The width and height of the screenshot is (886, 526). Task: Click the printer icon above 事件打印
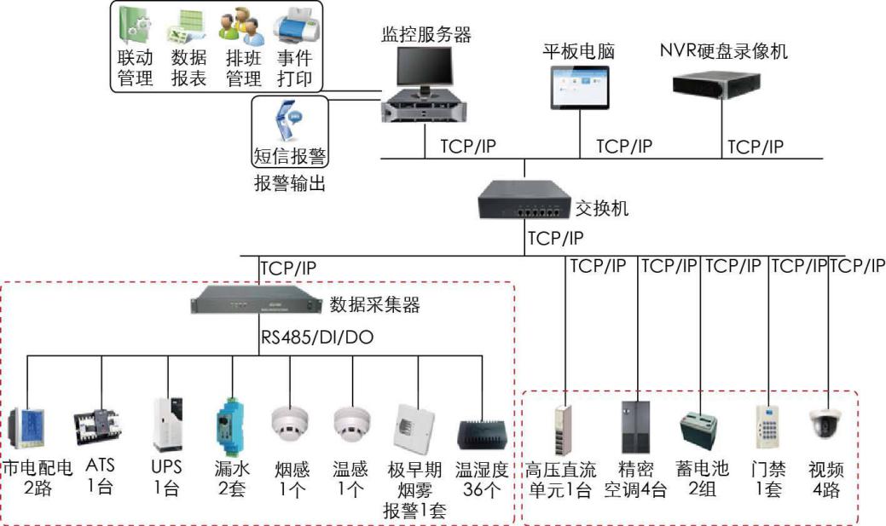click(294, 26)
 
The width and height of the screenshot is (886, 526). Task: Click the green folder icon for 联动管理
click(136, 26)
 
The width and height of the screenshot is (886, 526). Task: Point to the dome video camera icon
click(824, 422)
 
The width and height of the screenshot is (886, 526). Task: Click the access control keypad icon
click(767, 424)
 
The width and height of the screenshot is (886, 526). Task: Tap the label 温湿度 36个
click(482, 479)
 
